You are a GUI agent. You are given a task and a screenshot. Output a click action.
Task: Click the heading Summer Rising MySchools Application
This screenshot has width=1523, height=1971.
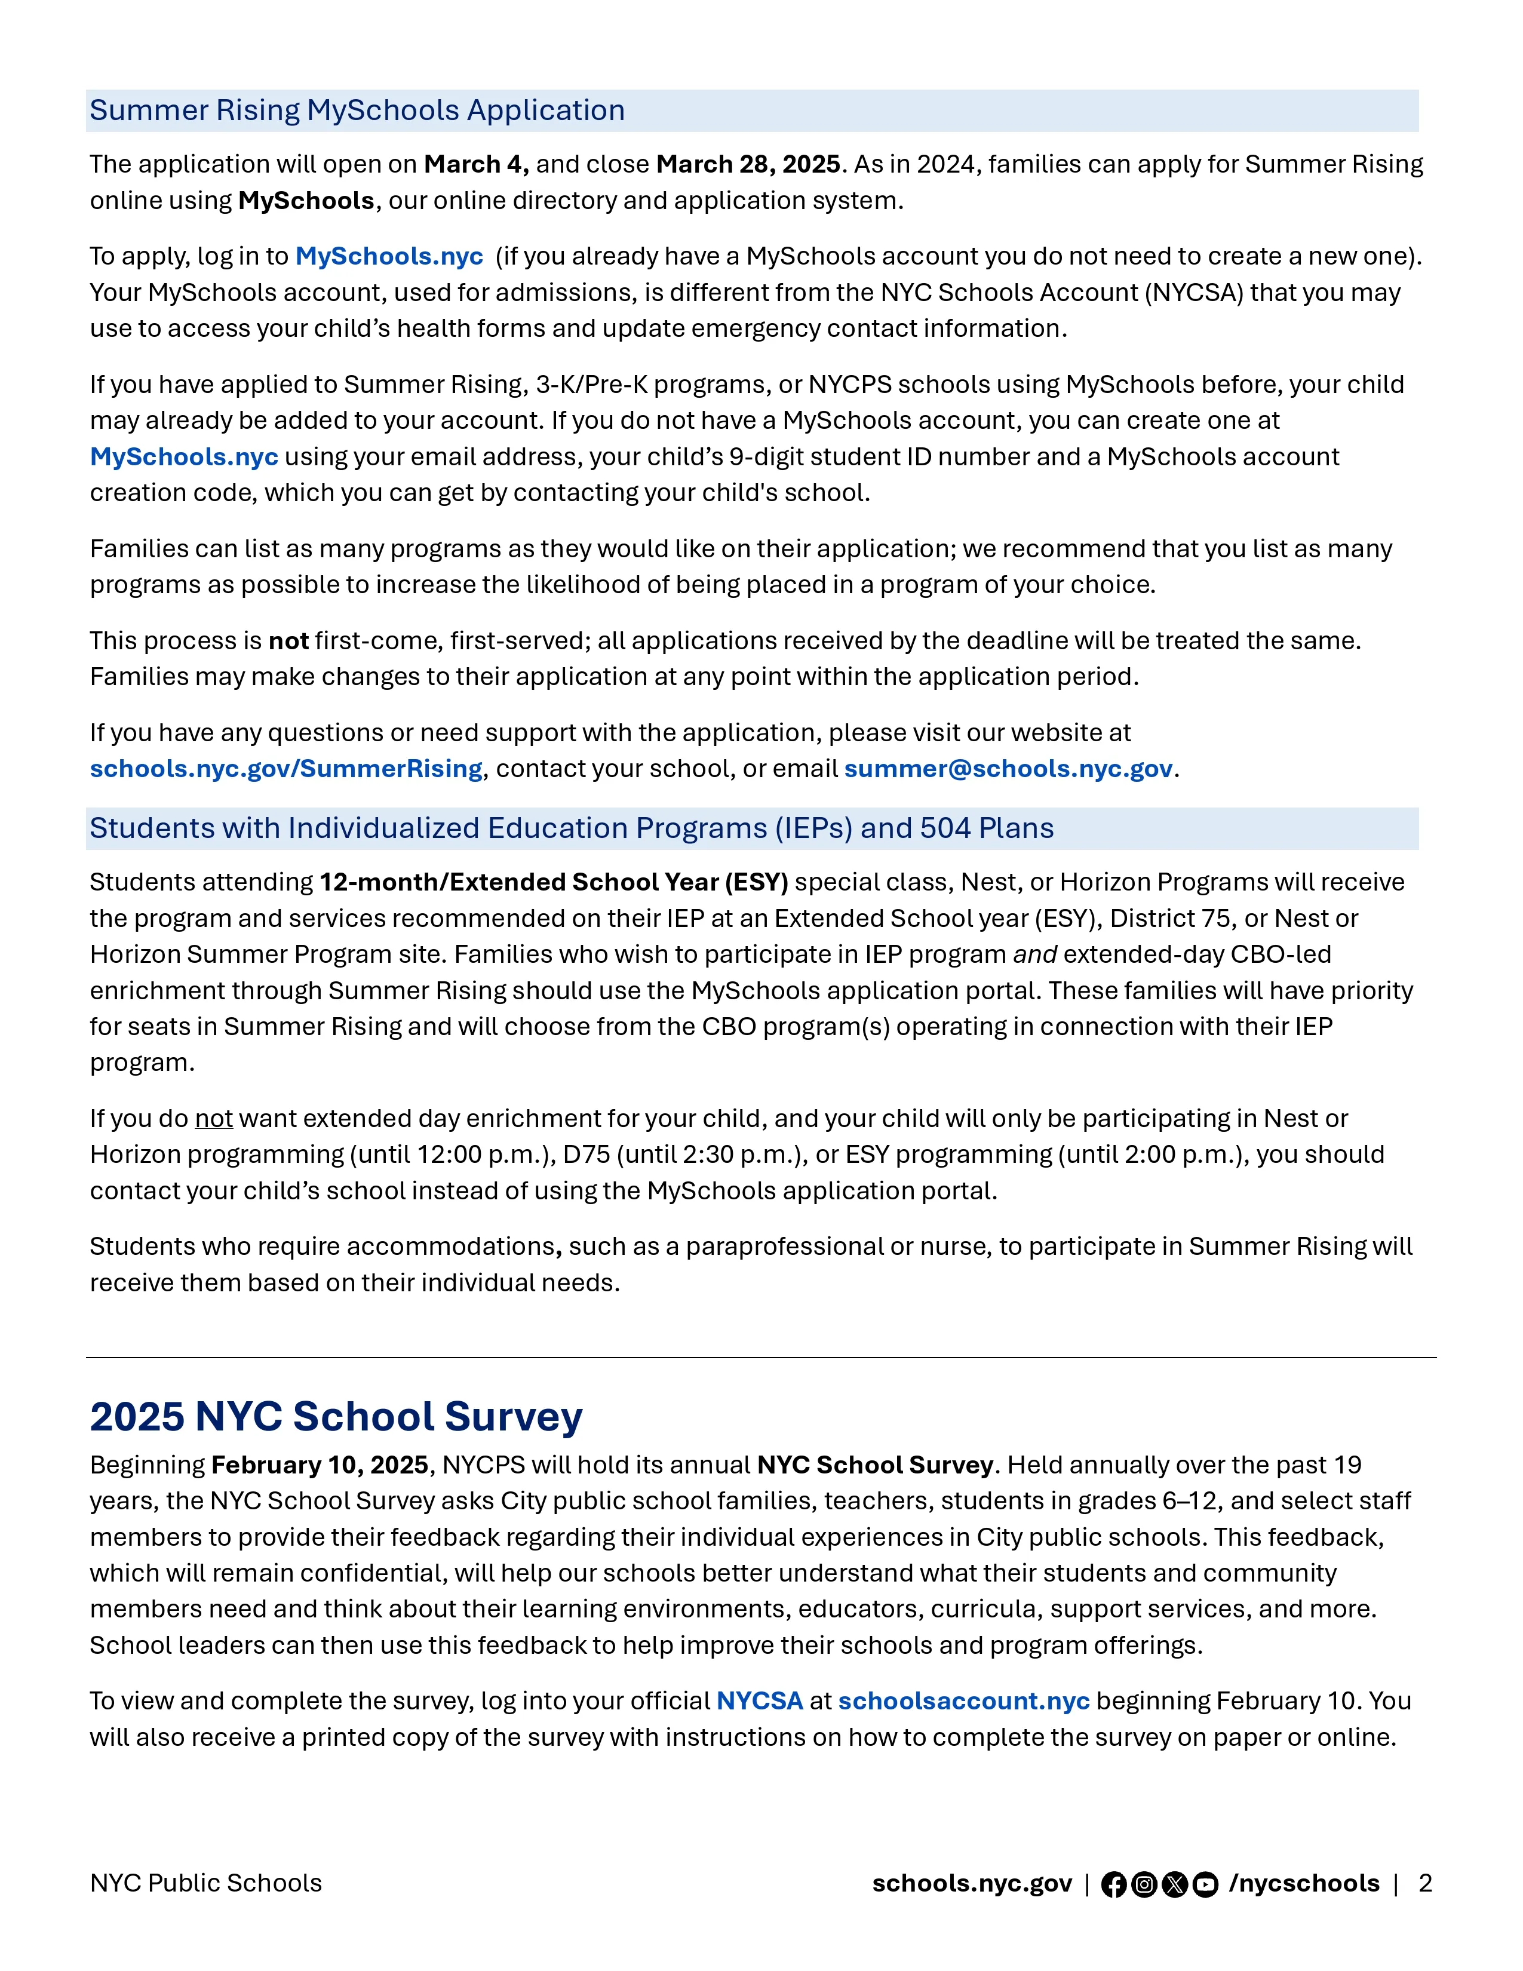pos(357,110)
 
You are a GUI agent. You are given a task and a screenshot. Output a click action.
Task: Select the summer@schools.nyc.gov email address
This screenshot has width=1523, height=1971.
pos(1008,769)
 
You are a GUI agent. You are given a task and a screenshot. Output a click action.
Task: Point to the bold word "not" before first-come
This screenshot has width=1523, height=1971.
pos(288,641)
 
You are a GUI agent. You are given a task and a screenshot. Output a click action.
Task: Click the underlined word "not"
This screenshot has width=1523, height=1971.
pos(214,1119)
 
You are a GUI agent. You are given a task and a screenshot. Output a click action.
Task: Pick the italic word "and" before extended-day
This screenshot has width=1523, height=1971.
pos(1035,955)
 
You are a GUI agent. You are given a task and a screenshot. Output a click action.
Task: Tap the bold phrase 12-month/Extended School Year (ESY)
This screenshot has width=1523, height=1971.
pos(554,883)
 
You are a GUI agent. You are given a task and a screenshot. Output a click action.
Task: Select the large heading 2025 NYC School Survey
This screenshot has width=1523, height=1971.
pos(336,1417)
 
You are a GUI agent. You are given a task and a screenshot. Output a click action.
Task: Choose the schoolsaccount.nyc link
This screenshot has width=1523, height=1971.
pos(963,1701)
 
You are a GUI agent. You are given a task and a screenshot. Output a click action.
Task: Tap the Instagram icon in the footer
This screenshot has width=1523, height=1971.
pos(1144,1885)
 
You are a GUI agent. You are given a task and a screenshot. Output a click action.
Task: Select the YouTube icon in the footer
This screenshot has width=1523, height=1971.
pos(1205,1885)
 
